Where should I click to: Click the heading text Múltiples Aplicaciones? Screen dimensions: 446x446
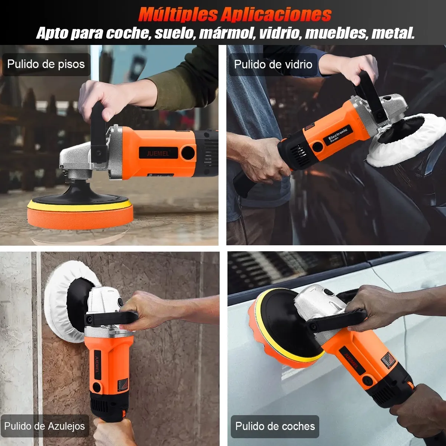coord(235,14)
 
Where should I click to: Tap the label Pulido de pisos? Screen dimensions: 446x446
coord(46,64)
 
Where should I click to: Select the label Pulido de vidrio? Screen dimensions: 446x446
coord(273,64)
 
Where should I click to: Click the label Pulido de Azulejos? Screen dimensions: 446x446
coord(45,426)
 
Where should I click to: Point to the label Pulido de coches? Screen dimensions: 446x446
coord(275,426)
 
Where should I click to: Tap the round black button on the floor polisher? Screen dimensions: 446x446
coord(188,152)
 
